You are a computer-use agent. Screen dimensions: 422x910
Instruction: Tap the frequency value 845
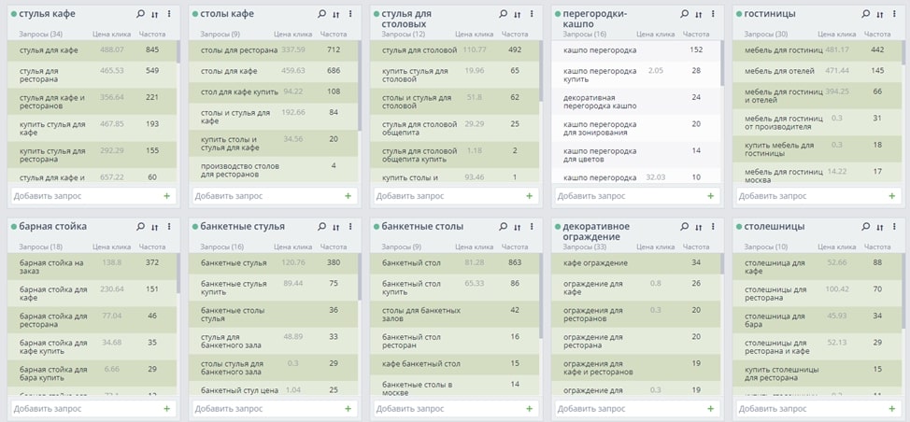point(152,49)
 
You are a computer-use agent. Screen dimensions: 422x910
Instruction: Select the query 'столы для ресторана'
point(239,49)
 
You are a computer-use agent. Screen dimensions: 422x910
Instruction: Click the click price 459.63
point(293,70)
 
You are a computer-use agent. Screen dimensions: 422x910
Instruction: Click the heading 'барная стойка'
point(53,226)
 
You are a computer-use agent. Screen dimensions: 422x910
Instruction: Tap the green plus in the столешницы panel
point(891,408)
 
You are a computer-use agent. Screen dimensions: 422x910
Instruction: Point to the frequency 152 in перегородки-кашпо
point(696,49)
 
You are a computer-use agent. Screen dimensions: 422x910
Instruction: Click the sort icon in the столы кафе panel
point(335,14)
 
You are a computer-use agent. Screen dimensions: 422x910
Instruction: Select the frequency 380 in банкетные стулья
point(334,262)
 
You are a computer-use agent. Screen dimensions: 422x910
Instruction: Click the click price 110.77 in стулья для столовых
point(475,49)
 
